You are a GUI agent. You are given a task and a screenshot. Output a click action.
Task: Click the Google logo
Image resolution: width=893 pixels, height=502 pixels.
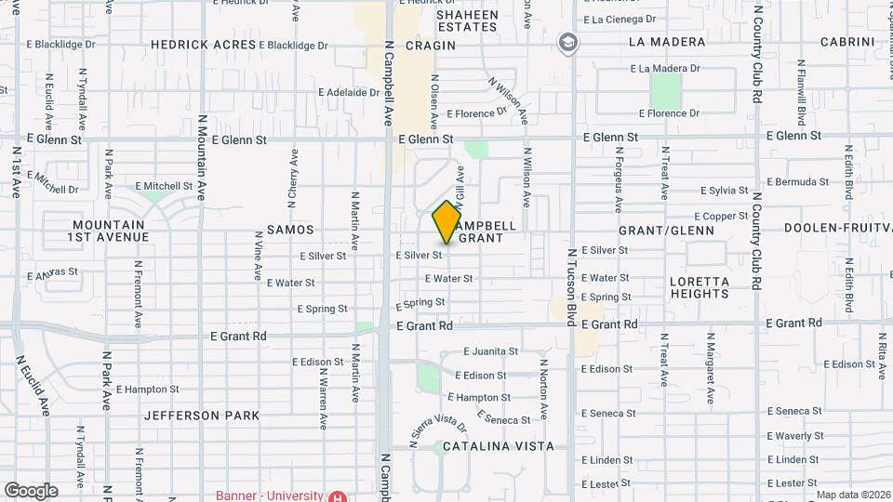pos(31,490)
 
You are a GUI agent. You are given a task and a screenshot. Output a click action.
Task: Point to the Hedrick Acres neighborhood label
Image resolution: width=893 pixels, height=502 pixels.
pos(203,45)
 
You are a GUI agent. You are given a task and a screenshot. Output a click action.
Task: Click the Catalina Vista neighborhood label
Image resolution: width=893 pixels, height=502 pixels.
pos(498,446)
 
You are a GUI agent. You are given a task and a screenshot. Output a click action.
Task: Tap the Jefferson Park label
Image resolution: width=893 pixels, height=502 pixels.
pos(202,416)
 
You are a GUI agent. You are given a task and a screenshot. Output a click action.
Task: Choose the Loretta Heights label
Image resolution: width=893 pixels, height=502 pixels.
pos(699,287)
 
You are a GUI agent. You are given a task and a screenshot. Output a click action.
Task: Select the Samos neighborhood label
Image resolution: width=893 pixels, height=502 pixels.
pos(290,229)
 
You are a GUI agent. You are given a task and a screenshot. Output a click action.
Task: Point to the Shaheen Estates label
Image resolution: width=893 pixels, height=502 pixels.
pos(467,21)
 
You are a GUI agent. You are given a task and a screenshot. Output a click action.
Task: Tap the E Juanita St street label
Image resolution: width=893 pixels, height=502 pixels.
pos(490,351)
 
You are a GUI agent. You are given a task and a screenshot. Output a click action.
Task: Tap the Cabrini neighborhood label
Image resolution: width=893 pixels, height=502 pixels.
pos(845,42)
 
